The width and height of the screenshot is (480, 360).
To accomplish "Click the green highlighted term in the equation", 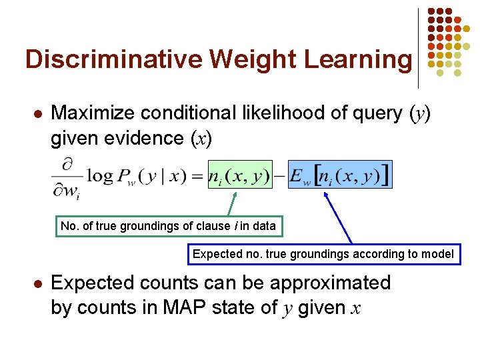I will click(x=240, y=175).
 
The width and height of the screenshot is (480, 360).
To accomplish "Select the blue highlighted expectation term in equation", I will click(x=340, y=175).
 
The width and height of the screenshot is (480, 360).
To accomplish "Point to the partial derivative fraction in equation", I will click(x=69, y=178).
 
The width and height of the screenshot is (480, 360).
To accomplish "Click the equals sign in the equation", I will click(x=197, y=177).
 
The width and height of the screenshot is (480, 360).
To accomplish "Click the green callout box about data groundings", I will click(x=168, y=226).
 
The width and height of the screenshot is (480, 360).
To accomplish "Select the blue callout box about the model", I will click(x=323, y=253).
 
